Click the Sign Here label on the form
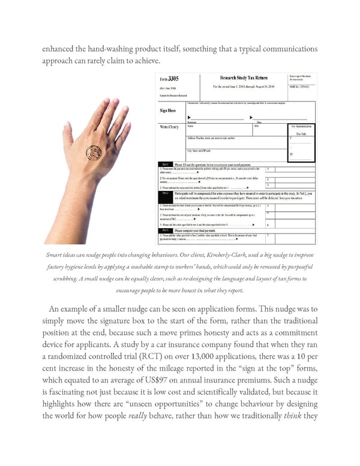point(168,110)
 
